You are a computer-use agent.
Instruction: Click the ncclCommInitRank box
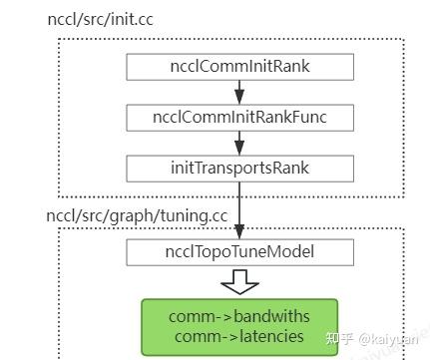238,68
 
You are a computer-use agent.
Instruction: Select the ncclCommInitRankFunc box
238,117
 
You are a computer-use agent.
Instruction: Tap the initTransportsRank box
238,166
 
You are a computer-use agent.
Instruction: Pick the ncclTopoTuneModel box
238,252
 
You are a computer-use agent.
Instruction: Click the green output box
238,326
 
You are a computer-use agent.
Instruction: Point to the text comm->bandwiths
238,316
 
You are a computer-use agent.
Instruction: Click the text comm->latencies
238,337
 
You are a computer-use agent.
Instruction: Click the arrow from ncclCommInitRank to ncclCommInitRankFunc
238,93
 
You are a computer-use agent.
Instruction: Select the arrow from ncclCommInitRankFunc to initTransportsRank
238,142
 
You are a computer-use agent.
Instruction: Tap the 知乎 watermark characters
341,337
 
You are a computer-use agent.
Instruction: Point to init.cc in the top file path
127,19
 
